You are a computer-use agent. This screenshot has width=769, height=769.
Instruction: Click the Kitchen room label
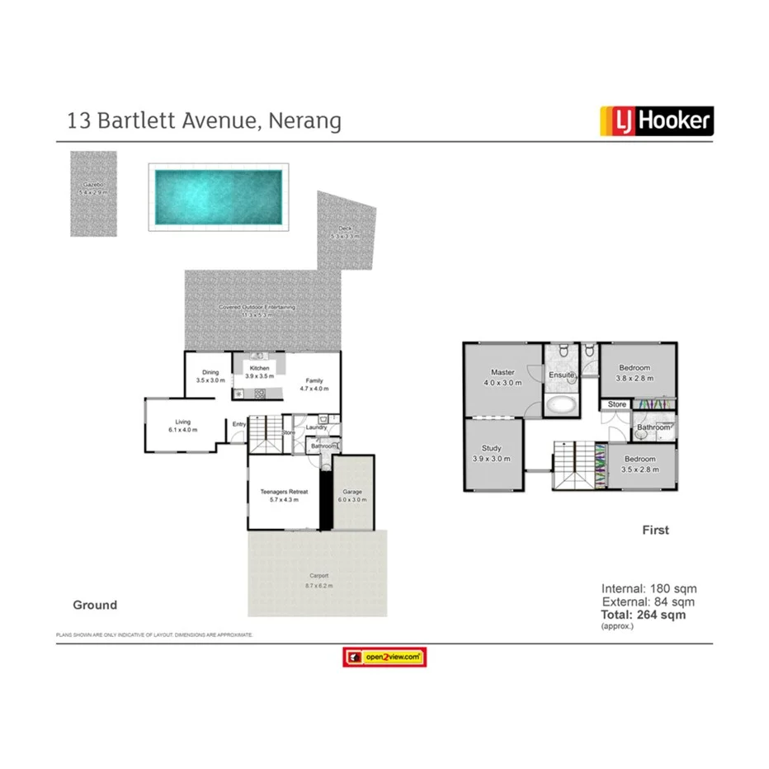[x=260, y=368]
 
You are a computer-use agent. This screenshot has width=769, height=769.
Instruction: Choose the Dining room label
[x=210, y=372]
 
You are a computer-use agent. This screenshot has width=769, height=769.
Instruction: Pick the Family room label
[x=314, y=380]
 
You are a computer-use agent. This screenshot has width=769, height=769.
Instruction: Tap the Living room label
[x=182, y=422]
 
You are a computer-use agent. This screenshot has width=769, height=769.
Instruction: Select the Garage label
[x=352, y=493]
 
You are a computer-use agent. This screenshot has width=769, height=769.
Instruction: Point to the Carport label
[x=318, y=576]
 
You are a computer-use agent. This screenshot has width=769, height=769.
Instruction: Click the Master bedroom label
[x=502, y=372]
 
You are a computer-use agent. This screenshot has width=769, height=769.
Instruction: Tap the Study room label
[x=491, y=449]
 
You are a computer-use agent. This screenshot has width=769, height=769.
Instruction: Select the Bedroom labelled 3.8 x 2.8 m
[x=636, y=368]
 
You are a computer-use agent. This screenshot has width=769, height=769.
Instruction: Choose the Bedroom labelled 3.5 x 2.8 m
[x=639, y=459]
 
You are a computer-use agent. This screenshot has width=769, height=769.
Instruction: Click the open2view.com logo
[x=384, y=657]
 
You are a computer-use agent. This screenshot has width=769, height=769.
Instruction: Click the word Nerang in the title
[x=304, y=121]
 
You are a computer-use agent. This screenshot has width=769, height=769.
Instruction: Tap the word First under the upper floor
[x=656, y=530]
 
